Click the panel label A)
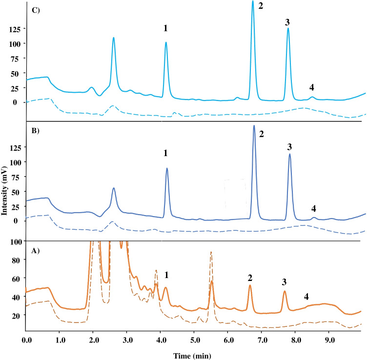coord(36,251)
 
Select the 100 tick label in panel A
coord(13,241)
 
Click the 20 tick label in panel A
coord(15,316)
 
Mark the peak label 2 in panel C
coord(260,7)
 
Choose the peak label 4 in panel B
coord(314,209)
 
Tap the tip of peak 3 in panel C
coord(288,28)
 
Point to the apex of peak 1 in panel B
coord(167,169)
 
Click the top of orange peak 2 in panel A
coord(250,285)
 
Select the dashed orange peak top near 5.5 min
coord(211,252)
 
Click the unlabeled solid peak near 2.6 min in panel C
coord(114,38)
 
